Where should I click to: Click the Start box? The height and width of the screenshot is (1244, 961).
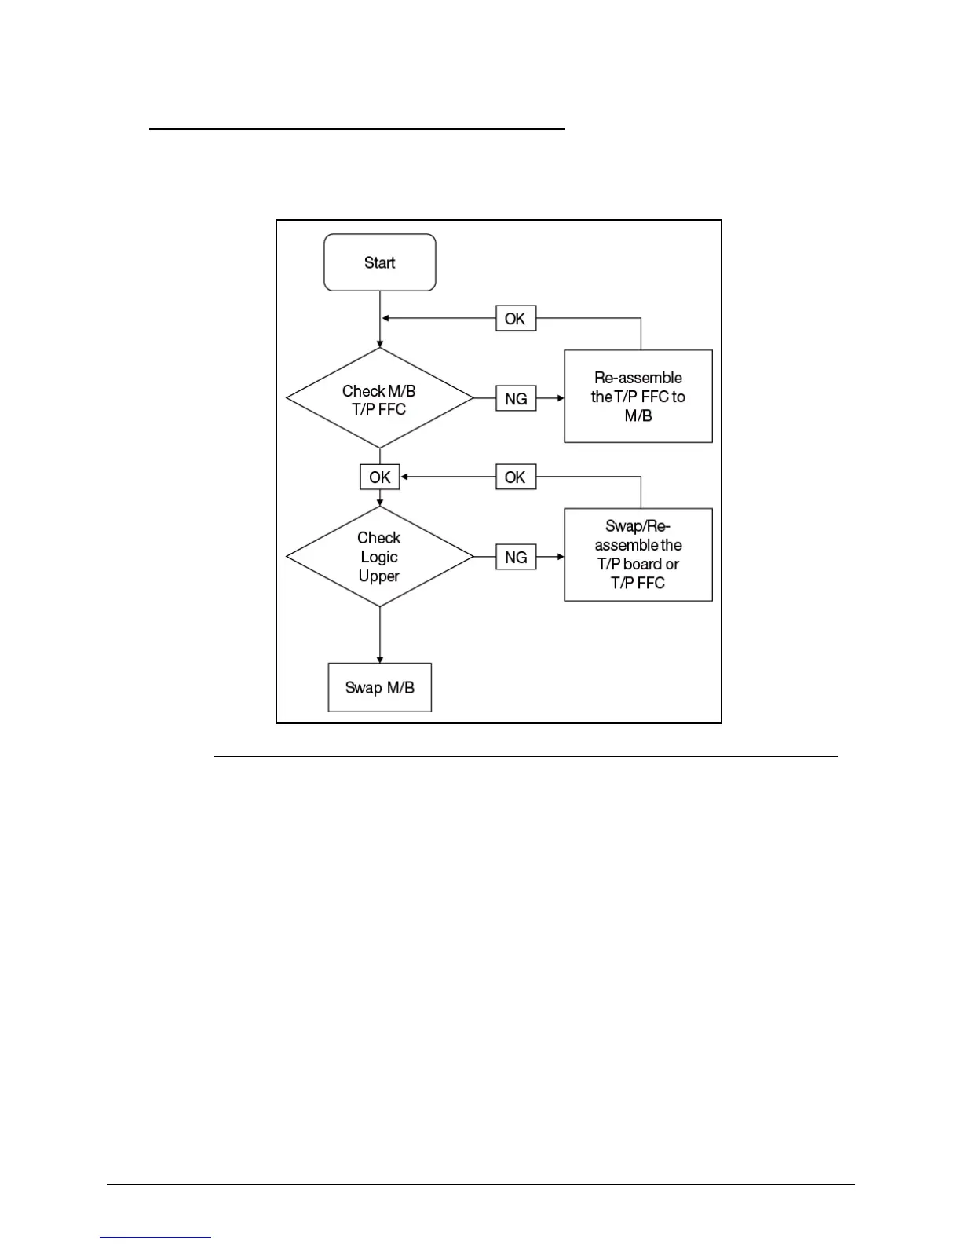[380, 262]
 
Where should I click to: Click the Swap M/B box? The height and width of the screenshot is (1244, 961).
[380, 687]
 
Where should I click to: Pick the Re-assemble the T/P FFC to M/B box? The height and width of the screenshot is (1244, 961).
[638, 397]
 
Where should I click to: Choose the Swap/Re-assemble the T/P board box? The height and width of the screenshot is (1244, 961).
[638, 554]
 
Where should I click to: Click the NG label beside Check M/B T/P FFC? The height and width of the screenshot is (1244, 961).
[516, 398]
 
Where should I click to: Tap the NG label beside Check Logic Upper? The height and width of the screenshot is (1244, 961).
[516, 557]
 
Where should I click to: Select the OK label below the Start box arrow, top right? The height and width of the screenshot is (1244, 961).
[516, 318]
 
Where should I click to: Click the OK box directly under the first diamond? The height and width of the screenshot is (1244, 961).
[380, 477]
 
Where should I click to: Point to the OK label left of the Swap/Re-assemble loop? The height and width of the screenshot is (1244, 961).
[516, 477]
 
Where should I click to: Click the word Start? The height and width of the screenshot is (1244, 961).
[380, 262]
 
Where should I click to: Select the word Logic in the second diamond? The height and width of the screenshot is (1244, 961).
[379, 557]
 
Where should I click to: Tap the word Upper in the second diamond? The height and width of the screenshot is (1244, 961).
[379, 576]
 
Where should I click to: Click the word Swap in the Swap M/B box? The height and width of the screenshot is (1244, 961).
[364, 688]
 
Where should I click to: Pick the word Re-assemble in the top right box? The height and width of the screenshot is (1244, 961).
[638, 378]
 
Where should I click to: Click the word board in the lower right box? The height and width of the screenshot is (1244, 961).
[642, 564]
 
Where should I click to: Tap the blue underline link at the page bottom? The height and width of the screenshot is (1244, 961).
[155, 1237]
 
